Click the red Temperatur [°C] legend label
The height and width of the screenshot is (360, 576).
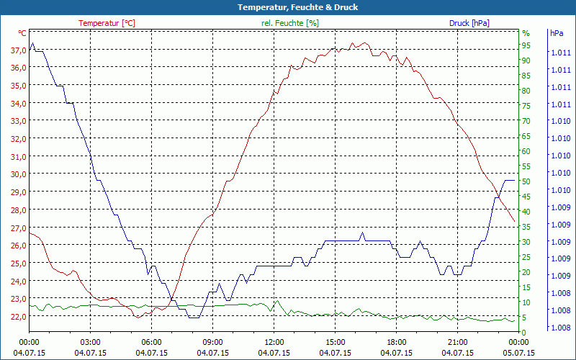107,23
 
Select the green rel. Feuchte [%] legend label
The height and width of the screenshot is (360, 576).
290,23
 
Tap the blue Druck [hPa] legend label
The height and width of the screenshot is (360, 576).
469,23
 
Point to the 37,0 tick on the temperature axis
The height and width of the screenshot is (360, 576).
18,50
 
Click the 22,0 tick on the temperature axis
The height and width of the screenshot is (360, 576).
18,316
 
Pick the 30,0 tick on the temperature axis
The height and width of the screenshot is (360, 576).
18,174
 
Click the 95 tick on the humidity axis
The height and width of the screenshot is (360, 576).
526,45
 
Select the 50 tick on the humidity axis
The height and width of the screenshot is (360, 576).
526,181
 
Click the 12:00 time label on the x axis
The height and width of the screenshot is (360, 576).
274,343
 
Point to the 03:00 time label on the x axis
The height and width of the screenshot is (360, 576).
90,343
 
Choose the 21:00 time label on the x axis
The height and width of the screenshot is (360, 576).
458,343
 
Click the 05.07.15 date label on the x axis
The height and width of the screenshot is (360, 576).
519,353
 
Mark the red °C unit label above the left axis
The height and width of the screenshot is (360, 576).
22,33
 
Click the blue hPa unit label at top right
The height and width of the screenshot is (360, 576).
557,33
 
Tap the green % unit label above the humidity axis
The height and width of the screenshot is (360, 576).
526,33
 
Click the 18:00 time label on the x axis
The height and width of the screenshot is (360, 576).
397,343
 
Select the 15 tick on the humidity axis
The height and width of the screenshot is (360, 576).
526,287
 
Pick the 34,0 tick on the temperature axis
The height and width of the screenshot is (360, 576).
18,103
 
